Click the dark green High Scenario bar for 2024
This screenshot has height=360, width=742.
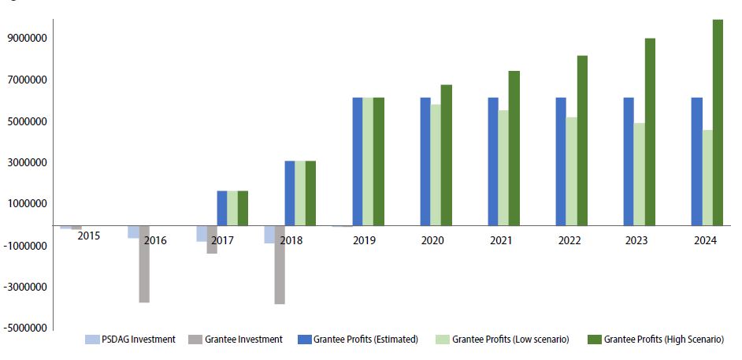coord(718,122)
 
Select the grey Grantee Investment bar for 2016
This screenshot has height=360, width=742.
coord(144,264)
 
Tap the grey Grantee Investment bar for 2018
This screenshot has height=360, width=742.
coord(280,265)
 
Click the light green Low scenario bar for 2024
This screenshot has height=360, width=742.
coord(707,178)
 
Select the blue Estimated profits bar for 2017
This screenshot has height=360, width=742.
coord(222,208)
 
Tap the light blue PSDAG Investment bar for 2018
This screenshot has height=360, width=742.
coord(269,235)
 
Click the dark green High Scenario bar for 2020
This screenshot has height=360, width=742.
coord(447,155)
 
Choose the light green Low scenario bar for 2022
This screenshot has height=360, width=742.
coord(572,172)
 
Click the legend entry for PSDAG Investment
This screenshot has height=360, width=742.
coord(130,340)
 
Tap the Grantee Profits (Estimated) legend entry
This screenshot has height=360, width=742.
coord(358,340)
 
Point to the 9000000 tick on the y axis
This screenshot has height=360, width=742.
coord(28,38)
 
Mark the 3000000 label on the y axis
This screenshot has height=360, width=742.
coord(28,162)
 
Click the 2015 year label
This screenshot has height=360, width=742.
coord(88,235)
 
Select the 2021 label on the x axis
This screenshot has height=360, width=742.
coord(503,241)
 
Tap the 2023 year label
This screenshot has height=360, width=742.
coord(638,241)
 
